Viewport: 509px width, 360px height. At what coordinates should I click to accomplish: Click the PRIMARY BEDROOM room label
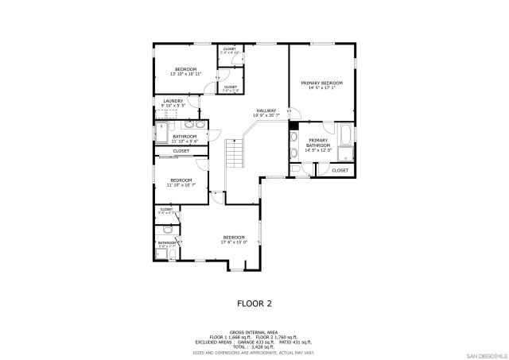coord(321,83)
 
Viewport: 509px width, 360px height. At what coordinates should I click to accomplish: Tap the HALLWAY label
coord(266,110)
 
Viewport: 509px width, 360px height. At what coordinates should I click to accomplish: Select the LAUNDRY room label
coord(173,101)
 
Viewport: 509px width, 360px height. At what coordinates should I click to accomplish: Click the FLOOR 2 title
coord(254,303)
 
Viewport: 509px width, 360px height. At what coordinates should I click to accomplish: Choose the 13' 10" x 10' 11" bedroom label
coord(185,70)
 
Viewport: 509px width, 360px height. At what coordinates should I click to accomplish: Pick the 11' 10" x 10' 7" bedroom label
coord(181,183)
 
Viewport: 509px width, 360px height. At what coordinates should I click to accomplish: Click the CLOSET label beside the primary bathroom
coord(340,170)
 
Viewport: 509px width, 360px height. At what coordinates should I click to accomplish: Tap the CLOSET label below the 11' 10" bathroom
coord(181,151)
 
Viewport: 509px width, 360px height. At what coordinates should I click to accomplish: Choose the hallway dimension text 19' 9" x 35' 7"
coord(266,115)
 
